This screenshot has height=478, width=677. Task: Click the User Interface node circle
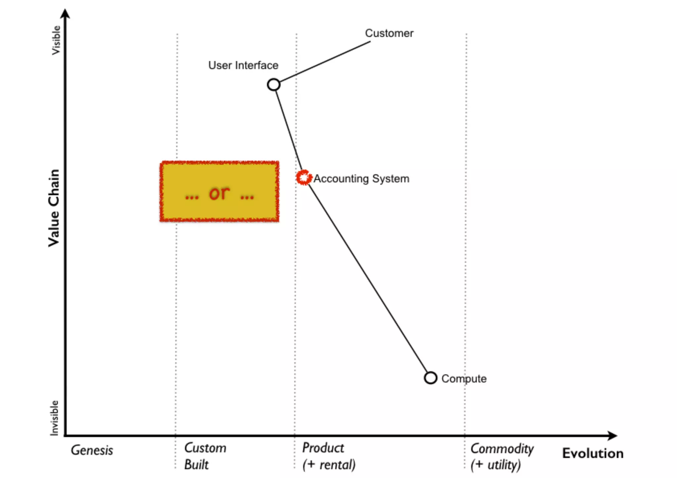[x=273, y=85]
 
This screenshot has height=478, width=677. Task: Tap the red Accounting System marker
[x=303, y=178]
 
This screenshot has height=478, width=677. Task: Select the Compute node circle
[x=430, y=378]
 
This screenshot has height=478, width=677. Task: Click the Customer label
[x=389, y=33]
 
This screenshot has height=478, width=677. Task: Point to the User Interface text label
[x=243, y=65]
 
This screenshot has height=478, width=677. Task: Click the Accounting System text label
[x=361, y=179]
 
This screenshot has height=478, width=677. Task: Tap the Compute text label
[x=464, y=379]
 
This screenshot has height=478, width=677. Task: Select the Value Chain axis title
[x=54, y=208]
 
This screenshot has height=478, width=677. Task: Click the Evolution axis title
[x=593, y=453]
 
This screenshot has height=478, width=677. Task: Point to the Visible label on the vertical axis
[x=56, y=40]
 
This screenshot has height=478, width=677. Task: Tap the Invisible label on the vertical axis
[x=54, y=418]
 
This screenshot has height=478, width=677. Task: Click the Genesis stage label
[x=92, y=450]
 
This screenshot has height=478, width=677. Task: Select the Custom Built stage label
[x=205, y=456]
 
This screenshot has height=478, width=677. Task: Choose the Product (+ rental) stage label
[x=329, y=456]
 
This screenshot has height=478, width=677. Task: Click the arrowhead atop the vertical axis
[x=65, y=14]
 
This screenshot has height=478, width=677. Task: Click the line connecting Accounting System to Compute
[x=367, y=277]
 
